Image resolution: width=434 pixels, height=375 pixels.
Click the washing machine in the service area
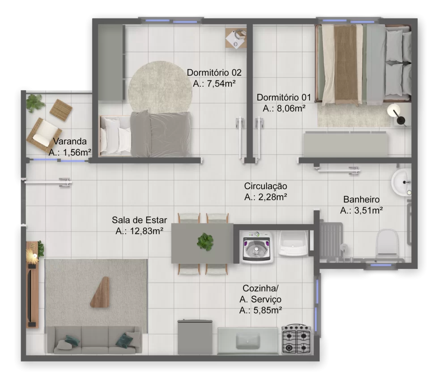[256, 247]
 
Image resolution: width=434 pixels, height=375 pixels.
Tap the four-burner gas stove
[296, 339]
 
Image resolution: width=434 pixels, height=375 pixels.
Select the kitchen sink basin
[248, 341]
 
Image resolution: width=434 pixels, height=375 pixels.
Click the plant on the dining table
[205, 241]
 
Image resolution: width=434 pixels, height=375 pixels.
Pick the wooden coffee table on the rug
[100, 292]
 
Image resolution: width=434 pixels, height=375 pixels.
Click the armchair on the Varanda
[43, 135]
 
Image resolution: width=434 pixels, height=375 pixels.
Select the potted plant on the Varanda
[35, 103]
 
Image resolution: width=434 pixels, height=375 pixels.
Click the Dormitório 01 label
[284, 97]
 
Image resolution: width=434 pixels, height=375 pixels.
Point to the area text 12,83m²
[146, 231]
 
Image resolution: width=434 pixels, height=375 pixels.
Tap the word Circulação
[265, 186]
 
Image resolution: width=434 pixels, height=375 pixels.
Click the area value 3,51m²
[368, 211]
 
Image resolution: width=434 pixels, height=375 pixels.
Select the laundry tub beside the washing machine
[293, 243]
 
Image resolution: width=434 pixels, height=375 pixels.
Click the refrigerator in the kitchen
[195, 337]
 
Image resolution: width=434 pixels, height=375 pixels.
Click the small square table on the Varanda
[61, 110]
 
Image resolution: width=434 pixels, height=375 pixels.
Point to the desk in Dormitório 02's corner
[236, 38]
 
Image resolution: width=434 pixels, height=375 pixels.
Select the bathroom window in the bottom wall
[381, 265]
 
